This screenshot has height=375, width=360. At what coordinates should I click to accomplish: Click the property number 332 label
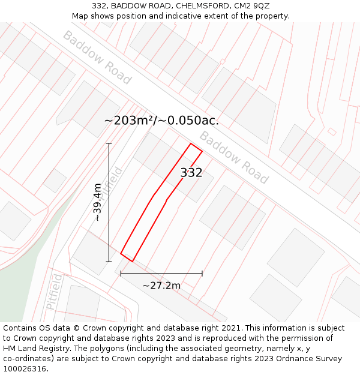(191, 173)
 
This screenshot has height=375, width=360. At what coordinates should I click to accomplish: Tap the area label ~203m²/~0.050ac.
(161, 121)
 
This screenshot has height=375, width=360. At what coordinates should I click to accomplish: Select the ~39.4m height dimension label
(97, 202)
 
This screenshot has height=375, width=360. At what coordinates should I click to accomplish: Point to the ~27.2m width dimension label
(161, 286)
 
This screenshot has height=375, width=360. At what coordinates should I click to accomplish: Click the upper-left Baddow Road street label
(97, 58)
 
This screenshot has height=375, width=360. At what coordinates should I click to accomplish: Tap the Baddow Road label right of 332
(233, 157)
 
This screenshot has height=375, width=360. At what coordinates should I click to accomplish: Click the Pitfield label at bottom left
(54, 292)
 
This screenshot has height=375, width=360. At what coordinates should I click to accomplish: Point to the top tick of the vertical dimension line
(109, 143)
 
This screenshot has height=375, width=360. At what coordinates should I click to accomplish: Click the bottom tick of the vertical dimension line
(109, 262)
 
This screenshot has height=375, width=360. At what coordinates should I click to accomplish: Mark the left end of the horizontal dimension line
(121, 274)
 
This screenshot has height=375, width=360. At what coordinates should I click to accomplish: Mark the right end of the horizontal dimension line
(202, 274)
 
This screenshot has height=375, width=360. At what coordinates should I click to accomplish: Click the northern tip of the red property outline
(191, 143)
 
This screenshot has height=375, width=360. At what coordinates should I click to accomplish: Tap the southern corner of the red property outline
(132, 262)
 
